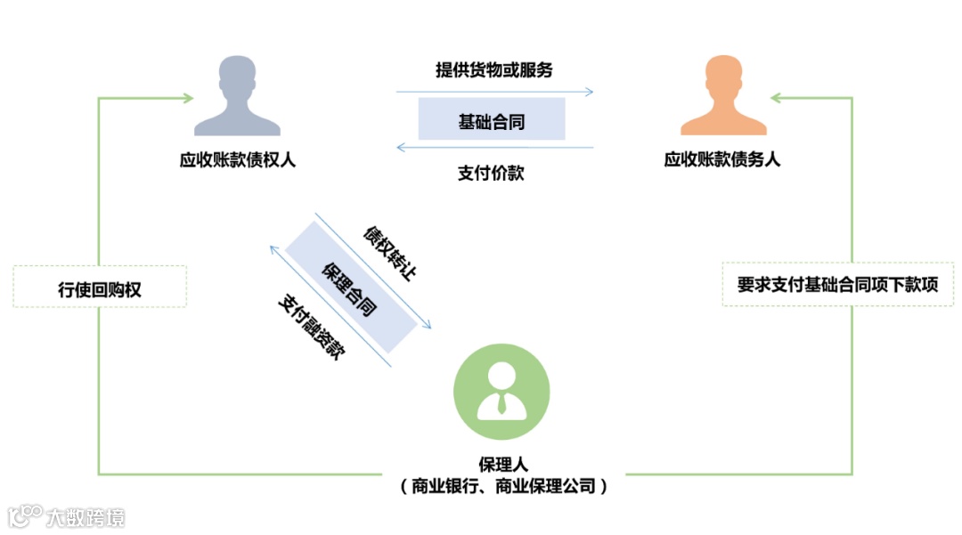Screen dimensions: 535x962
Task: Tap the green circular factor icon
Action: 501,392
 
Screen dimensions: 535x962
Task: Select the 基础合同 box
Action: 492,119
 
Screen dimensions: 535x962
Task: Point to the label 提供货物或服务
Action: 493,69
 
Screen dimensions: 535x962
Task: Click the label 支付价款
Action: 491,173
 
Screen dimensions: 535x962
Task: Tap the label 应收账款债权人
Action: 237,160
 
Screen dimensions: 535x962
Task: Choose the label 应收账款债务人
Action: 722,160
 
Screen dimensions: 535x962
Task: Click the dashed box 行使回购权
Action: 100,287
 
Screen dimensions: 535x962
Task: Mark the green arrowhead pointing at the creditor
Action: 188,97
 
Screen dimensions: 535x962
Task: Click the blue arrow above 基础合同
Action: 494,91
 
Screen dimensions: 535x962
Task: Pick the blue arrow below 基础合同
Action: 494,147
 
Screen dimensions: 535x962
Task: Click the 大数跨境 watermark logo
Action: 67,516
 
